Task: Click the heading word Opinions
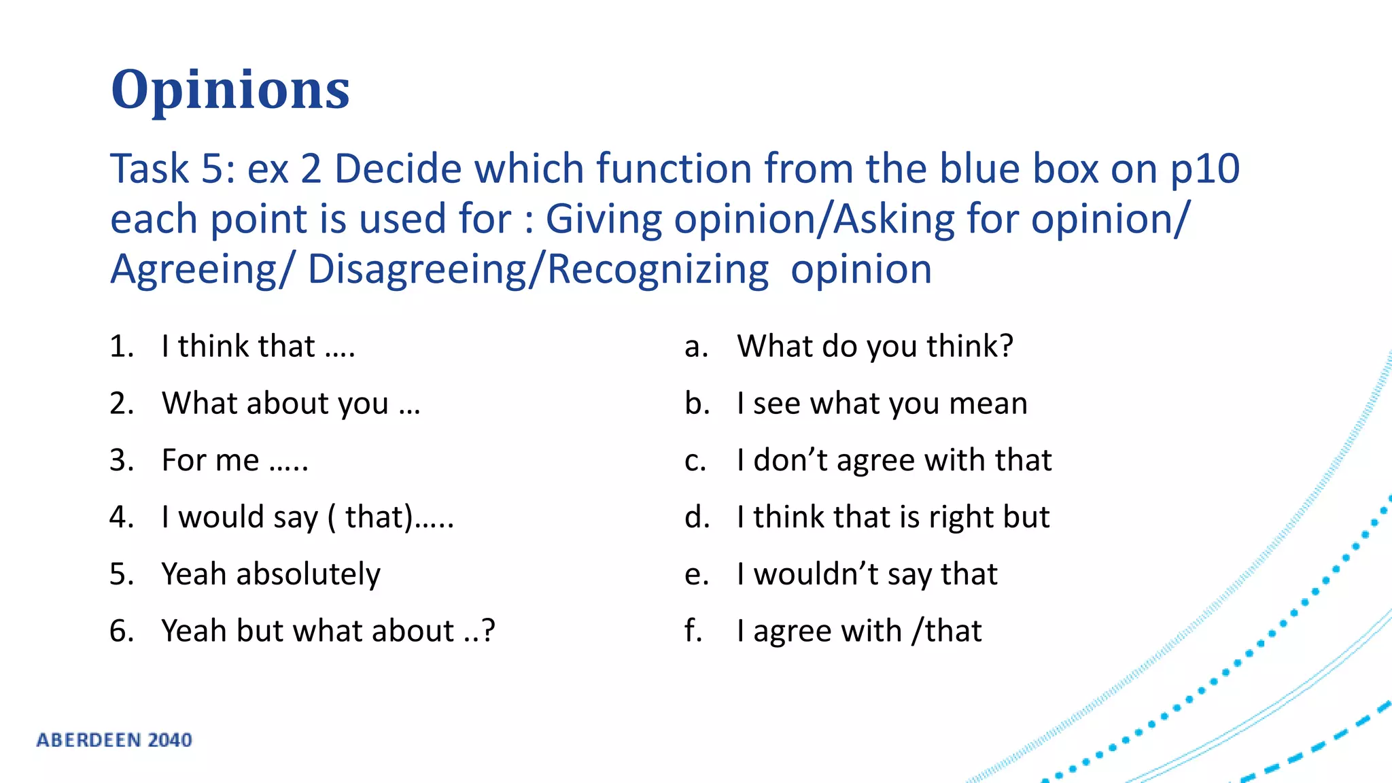coord(230,90)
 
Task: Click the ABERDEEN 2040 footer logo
coord(114,740)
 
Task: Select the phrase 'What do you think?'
coord(875,347)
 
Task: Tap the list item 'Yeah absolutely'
coord(271,574)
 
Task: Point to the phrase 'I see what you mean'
coord(882,404)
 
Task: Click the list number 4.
coord(121,517)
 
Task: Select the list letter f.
coord(693,631)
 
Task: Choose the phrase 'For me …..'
coord(234,461)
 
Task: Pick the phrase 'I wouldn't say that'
coord(867,574)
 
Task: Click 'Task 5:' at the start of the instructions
coord(173,169)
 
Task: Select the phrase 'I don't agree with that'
coord(894,461)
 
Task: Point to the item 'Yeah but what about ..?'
coord(328,631)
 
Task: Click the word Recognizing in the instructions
coord(657,269)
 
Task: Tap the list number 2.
coord(121,404)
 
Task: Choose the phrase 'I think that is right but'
coord(892,517)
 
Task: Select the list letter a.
coord(696,347)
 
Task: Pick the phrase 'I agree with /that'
coord(858,631)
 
